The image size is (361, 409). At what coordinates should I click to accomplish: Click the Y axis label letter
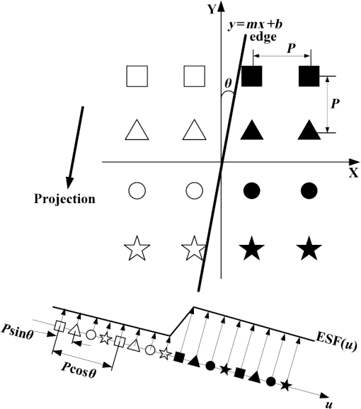[212, 10]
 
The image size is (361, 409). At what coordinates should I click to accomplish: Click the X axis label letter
[354, 173]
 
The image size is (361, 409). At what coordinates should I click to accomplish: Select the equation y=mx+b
[256, 25]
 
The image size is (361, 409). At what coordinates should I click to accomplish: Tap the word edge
[263, 37]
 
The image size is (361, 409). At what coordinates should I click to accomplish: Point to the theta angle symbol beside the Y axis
[228, 83]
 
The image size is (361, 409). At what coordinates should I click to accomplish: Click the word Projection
[64, 199]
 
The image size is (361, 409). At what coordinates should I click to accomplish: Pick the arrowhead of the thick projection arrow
[69, 183]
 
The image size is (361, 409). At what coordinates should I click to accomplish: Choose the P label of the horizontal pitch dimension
[291, 48]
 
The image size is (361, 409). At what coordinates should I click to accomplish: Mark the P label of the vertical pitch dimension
[335, 103]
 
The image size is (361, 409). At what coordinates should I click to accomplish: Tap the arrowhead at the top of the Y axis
[221, 7]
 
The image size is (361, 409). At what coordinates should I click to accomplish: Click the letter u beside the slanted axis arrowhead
[329, 404]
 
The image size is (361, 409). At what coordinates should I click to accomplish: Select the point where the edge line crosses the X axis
[222, 162]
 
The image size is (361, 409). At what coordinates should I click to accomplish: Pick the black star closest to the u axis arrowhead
[286, 385]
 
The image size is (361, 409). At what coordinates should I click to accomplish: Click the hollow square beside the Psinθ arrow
[59, 327]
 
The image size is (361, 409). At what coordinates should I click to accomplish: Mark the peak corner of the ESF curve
[193, 307]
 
